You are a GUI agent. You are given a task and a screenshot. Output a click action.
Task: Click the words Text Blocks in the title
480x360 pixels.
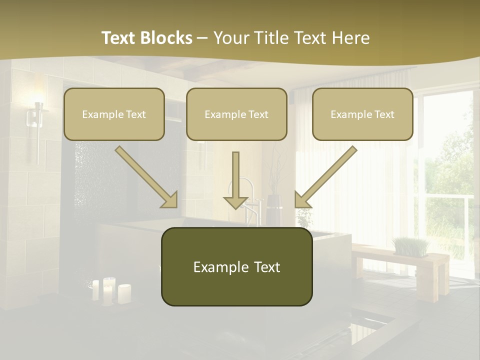point(146,38)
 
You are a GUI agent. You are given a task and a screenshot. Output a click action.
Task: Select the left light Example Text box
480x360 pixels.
point(114,114)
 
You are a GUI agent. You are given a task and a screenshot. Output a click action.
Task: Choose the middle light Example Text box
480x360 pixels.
point(236,114)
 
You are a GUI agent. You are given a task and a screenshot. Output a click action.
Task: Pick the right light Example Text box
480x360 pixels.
point(362,114)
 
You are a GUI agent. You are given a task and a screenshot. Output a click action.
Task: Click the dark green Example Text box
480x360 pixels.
point(236,266)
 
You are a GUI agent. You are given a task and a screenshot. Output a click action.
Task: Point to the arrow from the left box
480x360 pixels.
point(146,177)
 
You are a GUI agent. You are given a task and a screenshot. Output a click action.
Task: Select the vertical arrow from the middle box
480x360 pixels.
point(236,180)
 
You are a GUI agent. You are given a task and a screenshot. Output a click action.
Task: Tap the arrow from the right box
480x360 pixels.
point(325,177)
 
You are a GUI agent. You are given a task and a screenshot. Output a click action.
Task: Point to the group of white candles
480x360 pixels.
point(110,291)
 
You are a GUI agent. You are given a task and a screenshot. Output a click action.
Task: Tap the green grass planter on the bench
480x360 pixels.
point(411,246)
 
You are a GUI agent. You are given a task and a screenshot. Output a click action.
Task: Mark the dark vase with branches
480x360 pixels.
point(274,209)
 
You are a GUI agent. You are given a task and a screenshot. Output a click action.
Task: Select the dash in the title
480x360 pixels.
point(202,38)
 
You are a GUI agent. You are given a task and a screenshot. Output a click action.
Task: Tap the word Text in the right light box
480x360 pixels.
point(383,114)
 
